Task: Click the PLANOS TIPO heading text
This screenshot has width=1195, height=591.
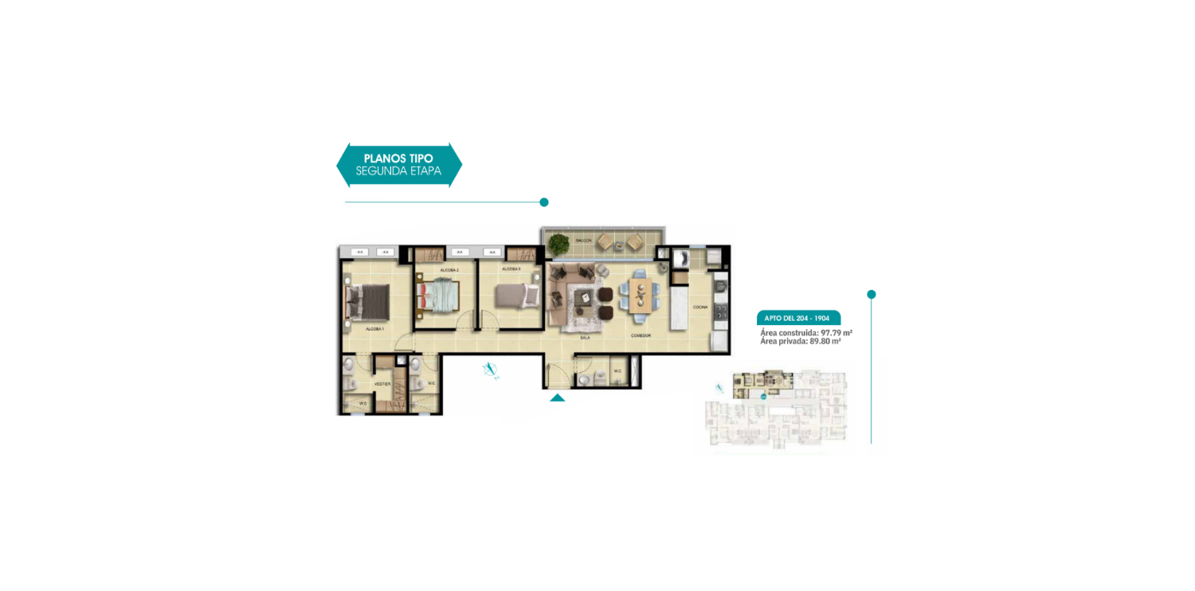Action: (x=398, y=159)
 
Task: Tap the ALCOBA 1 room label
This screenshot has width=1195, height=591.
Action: (x=375, y=329)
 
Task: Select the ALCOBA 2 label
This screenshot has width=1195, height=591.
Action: (x=449, y=271)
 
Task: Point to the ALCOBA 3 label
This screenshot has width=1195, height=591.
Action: (x=510, y=269)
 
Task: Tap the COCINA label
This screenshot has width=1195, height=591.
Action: (x=699, y=307)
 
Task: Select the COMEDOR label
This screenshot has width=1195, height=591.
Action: (x=641, y=335)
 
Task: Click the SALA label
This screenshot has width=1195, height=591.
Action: (x=585, y=338)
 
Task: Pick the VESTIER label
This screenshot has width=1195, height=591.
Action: (x=382, y=384)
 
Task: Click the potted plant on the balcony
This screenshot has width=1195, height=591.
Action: (x=558, y=243)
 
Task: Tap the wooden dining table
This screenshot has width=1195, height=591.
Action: (x=641, y=292)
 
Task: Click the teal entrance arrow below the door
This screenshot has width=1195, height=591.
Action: (x=558, y=397)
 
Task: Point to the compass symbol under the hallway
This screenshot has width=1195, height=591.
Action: (x=491, y=369)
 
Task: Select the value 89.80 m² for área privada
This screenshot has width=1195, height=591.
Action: (x=825, y=341)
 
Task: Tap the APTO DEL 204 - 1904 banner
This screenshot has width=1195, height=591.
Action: (x=797, y=318)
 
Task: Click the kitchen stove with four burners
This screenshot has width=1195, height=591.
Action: (x=721, y=310)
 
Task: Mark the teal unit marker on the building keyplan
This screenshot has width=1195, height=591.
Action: (x=763, y=395)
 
